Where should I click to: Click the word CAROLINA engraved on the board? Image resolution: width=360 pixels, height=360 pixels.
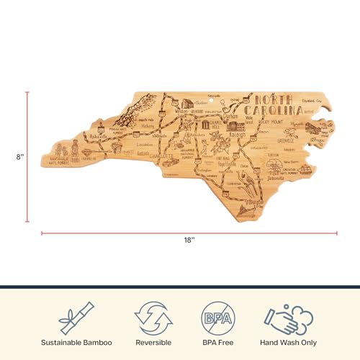click(272, 111)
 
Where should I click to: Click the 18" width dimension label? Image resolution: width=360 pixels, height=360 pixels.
click(189, 240)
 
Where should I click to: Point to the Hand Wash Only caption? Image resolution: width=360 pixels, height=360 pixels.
click(289, 343)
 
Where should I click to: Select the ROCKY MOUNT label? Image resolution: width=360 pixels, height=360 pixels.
click(278, 122)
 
